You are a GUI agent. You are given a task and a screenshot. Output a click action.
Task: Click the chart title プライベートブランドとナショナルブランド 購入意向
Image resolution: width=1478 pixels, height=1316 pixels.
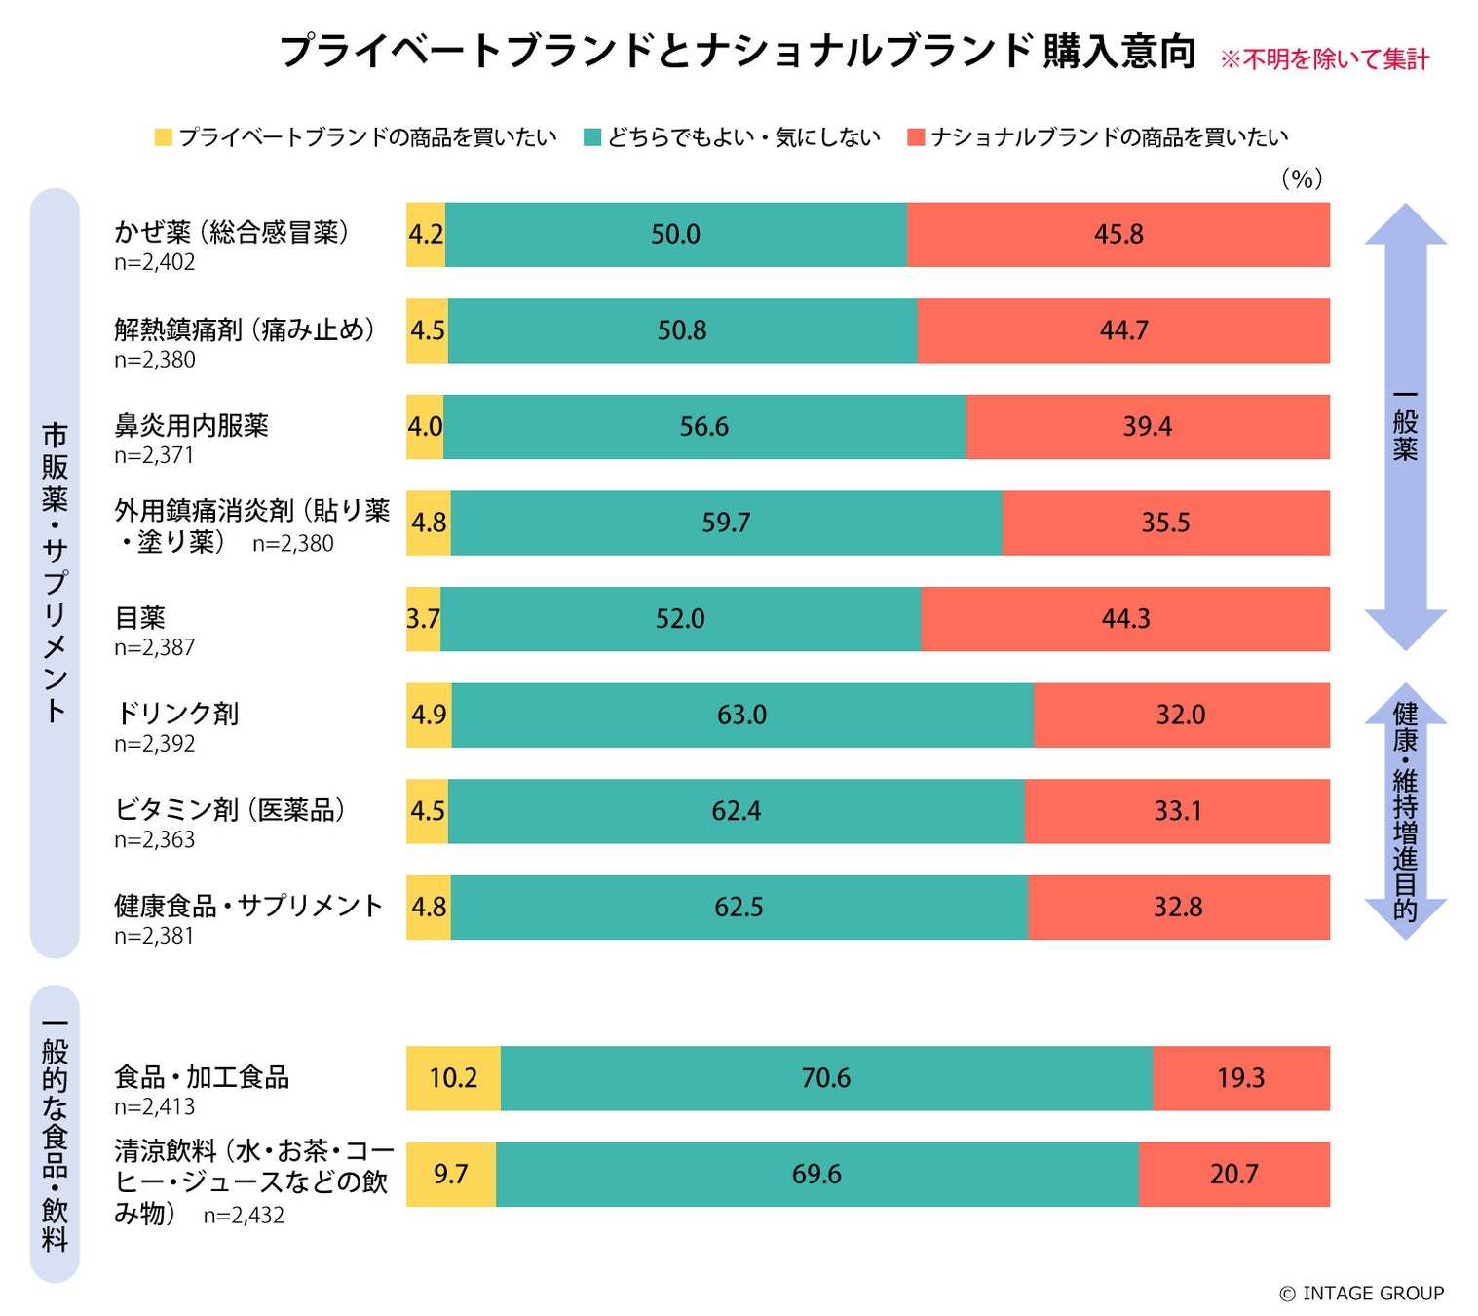point(738,51)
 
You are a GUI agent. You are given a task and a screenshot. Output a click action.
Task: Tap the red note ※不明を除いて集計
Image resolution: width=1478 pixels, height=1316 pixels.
point(1324,59)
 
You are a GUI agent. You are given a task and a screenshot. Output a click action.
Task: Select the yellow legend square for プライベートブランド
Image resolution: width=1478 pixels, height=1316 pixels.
point(164,137)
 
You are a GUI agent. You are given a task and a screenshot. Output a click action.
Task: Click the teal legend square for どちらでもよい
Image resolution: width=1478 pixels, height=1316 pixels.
point(591,137)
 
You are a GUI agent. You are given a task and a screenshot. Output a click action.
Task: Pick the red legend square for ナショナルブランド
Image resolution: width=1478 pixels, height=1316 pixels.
point(915,137)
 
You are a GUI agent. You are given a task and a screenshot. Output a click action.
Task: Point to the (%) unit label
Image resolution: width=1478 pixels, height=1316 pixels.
point(1302,178)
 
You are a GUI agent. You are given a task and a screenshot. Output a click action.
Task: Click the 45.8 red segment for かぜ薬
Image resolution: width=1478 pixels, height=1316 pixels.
point(1118,235)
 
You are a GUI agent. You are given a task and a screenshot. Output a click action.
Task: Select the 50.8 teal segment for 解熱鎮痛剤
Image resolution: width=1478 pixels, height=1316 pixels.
point(682,330)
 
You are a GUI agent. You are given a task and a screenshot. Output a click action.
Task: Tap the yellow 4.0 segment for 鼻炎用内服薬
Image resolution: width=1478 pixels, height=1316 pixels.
point(425,427)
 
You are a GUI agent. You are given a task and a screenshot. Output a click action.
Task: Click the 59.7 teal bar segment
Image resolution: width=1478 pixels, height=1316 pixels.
point(726,523)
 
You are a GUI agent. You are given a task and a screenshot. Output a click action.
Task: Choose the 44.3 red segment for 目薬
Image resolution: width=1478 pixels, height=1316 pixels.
point(1125,619)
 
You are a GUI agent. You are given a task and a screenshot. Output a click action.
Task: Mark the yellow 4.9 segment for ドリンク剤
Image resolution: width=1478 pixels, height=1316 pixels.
point(429,715)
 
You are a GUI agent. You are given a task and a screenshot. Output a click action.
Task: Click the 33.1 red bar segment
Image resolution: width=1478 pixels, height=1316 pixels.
point(1177,811)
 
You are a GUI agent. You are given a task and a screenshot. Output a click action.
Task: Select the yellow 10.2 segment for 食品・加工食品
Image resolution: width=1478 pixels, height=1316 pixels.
point(453,1078)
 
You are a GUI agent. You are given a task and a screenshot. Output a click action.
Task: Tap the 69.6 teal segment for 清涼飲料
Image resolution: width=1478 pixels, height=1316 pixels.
point(816,1174)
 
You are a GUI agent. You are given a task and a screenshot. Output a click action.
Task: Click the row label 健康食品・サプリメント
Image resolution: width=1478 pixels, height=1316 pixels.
point(248,906)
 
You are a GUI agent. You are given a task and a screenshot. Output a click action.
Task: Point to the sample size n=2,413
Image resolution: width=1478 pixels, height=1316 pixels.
point(154,1106)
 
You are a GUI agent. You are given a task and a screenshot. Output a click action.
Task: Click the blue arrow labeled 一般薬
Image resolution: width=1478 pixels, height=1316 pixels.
point(1405,426)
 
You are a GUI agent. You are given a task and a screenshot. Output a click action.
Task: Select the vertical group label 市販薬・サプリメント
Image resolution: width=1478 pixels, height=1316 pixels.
point(55,572)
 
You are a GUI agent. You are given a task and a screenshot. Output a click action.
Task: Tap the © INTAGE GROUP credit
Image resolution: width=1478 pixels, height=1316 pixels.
point(1361,1293)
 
